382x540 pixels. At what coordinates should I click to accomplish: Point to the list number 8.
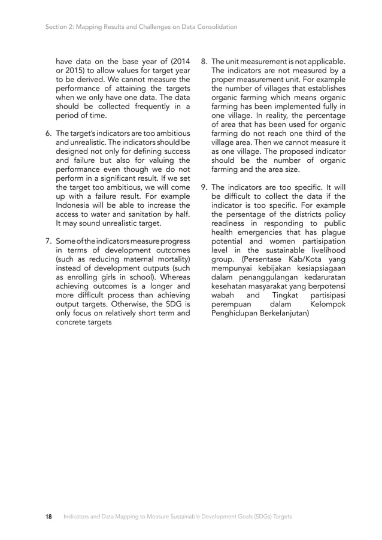point(204,61)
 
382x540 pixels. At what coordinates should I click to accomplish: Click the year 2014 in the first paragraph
point(180,61)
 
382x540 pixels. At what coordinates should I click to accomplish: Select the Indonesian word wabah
point(223,296)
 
